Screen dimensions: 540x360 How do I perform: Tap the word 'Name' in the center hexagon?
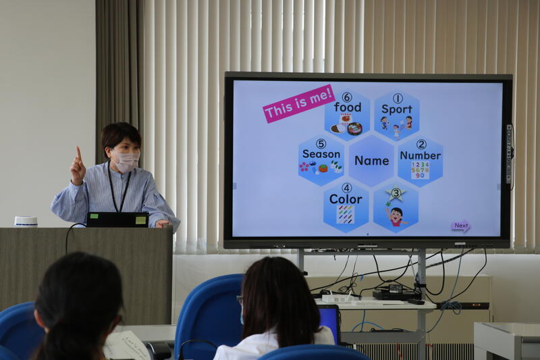pos(372,161)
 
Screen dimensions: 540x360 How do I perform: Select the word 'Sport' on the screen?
pos(397,109)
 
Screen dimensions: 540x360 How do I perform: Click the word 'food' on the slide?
pos(348,107)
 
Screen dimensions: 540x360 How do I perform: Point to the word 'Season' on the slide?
pos(321,154)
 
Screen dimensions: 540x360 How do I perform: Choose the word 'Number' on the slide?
pos(420,155)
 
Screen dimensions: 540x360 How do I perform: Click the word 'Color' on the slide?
pos(346,199)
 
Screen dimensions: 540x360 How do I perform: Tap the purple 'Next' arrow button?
pos(461,226)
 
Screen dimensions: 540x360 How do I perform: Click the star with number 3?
pos(396,193)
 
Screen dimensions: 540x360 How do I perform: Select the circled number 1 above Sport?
pos(398,99)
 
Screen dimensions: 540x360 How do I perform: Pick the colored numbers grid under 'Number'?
pos(420,170)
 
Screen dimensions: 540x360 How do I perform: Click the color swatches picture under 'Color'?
pos(345,215)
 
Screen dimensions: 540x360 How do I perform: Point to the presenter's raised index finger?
pos(79,153)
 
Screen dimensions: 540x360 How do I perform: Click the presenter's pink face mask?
pos(126,161)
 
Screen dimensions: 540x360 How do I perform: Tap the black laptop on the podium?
pos(117,220)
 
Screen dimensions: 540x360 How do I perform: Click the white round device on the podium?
pos(26,222)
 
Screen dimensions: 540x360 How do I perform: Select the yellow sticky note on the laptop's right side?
pos(140,220)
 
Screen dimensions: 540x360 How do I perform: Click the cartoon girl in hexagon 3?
pos(396,216)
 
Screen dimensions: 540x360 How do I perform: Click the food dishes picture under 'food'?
pos(346,125)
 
